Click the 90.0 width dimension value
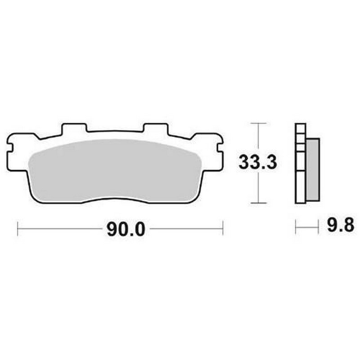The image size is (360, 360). tap(126, 229)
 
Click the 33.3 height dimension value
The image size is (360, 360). tap(257, 162)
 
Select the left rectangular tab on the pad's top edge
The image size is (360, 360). tap(74, 129)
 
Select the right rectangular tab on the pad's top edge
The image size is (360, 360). tap(155, 129)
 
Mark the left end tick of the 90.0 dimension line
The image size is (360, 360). tap(18, 229)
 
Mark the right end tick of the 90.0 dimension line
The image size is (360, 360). tap(223, 229)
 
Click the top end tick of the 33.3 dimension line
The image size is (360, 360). tap(258, 123)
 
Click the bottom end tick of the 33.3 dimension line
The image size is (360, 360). tap(258, 203)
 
